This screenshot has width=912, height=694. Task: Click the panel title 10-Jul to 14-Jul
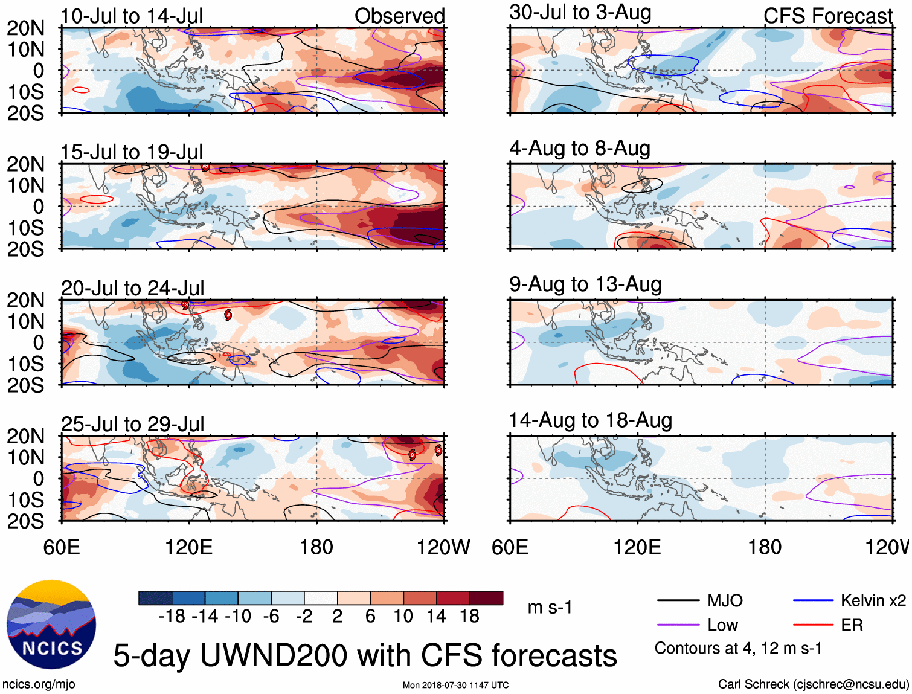pos(132,16)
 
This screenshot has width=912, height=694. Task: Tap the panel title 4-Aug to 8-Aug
pos(580,149)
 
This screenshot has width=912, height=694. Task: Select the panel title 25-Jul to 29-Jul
pos(132,424)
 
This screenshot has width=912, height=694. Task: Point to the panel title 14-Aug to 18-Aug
pos(590,420)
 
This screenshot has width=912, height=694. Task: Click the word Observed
pos(399,16)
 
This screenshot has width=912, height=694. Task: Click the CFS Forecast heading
pos(827,16)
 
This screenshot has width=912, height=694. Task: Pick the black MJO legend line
pos(678,600)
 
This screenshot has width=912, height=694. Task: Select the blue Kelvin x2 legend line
pos(813,600)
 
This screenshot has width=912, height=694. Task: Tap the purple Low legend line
pos(678,625)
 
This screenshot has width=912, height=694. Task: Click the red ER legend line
pos(813,625)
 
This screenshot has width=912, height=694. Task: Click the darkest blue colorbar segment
pos(155,598)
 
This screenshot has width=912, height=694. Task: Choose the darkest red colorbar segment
pos(486,598)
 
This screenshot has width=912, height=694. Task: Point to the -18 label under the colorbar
pos(172,616)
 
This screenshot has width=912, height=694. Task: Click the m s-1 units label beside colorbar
pos(550,607)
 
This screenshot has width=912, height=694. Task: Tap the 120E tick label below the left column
pos(188,547)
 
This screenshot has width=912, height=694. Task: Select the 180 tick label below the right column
pos(765,547)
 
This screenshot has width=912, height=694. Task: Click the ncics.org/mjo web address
pos(39,684)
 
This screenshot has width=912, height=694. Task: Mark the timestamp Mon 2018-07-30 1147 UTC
pos(455,685)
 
